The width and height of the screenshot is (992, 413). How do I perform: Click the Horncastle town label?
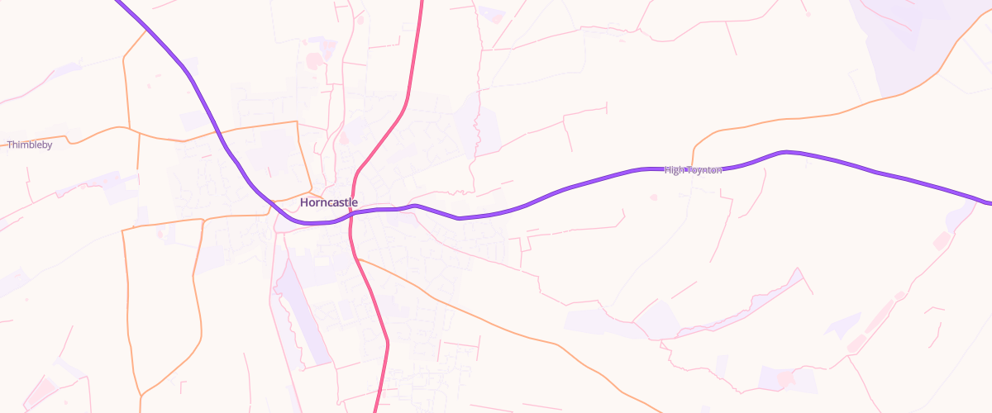click(x=329, y=202)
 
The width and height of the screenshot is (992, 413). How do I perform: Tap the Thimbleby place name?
click(x=30, y=145)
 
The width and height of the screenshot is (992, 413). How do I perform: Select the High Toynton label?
click(x=693, y=169)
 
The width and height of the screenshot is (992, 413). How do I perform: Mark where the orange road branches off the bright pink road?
click(x=359, y=259)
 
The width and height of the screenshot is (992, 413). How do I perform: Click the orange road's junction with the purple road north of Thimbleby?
click(x=145, y=30)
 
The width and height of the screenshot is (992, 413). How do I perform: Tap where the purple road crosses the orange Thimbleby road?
click(x=217, y=131)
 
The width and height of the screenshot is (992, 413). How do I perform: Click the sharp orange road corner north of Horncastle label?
click(x=296, y=122)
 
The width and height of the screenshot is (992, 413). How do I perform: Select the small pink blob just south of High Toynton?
click(x=654, y=197)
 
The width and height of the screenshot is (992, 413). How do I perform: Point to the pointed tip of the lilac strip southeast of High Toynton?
click(x=798, y=268)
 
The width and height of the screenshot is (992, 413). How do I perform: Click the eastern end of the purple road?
click(x=990, y=202)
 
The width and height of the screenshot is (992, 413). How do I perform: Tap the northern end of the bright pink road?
click(x=421, y=2)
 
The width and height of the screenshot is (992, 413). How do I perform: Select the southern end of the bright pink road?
click(x=376, y=411)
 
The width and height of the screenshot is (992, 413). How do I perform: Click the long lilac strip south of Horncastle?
click(x=298, y=306)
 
